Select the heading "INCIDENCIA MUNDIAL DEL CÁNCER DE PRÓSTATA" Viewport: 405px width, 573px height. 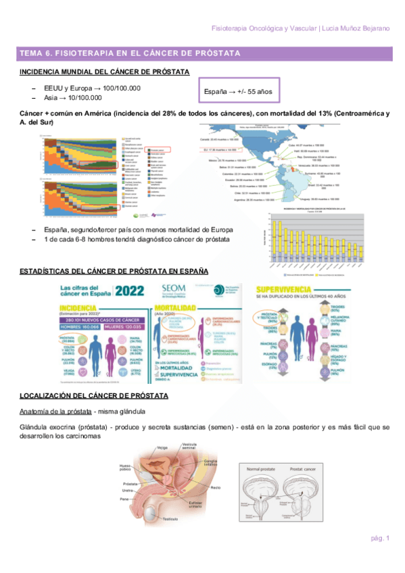pos(104,72)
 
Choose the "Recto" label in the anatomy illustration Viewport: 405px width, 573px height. pos(215,487)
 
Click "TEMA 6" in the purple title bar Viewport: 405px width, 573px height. pos(34,53)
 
